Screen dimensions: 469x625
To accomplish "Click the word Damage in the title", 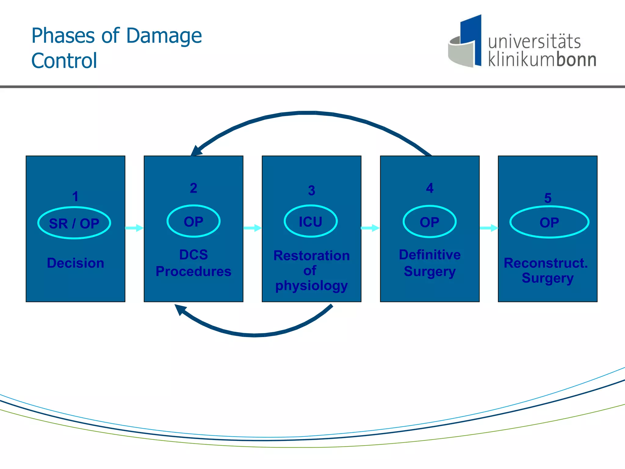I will coord(164,36).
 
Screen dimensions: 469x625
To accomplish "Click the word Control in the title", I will coord(64,61).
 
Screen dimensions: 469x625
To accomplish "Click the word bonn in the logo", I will coord(576,60).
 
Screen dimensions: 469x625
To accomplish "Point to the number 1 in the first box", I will coord(75,196).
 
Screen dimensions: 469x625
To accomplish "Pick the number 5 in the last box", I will coord(548,198).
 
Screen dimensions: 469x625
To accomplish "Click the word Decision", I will coord(75,263).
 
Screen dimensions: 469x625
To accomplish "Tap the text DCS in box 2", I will coord(193,255).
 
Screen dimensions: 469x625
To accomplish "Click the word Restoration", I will coord(312,256).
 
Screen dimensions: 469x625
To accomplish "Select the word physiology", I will coord(312,286).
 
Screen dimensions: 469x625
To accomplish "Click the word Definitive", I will coord(430,255).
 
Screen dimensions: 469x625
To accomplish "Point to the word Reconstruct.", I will coord(546,263).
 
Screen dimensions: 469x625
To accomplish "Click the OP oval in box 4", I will coord(429,222).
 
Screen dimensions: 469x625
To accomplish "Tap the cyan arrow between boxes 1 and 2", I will coord(134,228).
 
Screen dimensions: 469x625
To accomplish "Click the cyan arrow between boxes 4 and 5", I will coord(489,228).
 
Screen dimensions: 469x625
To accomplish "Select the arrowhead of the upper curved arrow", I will coord(197,151).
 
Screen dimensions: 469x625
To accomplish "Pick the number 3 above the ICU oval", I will coord(312,191).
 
